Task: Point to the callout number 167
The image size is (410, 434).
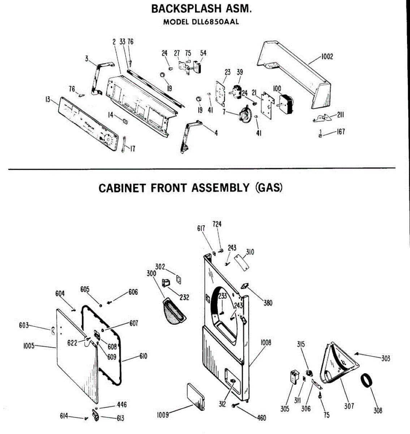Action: tap(341, 132)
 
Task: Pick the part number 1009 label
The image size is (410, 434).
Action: tap(163, 415)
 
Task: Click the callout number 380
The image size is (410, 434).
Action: tap(268, 303)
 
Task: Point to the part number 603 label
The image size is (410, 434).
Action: tap(24, 325)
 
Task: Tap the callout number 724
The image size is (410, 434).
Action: tap(217, 224)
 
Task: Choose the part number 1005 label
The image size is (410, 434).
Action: tap(29, 346)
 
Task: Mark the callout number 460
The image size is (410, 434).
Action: tap(262, 418)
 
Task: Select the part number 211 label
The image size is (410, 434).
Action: tap(340, 115)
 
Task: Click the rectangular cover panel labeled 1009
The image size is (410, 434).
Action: tap(196, 396)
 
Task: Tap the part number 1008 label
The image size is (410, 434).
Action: tap(266, 342)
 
